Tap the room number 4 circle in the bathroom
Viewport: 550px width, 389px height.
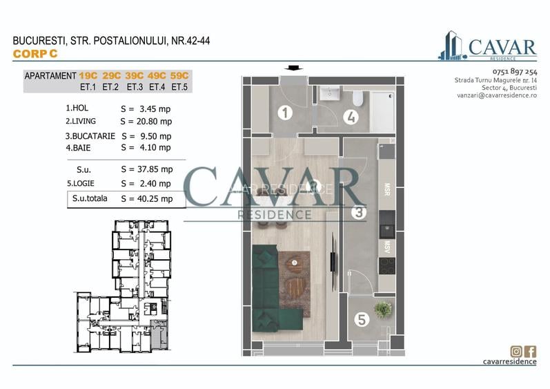pos(351,116)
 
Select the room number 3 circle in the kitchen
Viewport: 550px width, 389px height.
pos(358,213)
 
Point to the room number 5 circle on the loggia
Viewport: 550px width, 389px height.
pos(362,319)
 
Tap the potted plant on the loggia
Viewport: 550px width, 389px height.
pos(382,309)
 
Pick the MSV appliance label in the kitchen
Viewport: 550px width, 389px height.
pos(386,245)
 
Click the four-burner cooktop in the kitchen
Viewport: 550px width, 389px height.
pos(387,265)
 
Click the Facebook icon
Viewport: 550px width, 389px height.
pos(531,351)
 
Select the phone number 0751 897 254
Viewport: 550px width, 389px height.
pos(515,72)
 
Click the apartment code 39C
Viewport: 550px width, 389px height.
pos(134,75)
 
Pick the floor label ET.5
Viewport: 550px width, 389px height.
pos(179,87)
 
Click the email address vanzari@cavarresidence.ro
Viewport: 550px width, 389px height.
pos(495,95)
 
